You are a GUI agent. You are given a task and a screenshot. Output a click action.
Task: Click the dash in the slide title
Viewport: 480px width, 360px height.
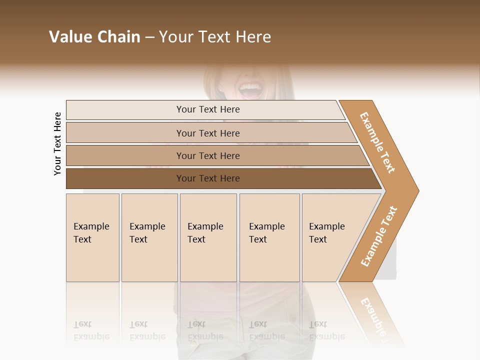pos(149,37)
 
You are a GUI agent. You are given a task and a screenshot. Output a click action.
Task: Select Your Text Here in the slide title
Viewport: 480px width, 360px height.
pos(215,37)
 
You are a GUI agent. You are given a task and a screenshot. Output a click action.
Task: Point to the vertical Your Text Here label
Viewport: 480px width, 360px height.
pos(57,144)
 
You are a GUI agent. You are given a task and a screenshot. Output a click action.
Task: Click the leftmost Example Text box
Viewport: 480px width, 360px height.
pos(92,237)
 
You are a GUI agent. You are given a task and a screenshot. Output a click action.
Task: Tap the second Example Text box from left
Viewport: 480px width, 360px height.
pos(149,237)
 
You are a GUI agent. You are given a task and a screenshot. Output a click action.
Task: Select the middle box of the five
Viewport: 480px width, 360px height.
pos(208,237)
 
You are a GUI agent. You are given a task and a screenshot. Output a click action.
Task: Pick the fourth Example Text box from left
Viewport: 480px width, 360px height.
pos(269,237)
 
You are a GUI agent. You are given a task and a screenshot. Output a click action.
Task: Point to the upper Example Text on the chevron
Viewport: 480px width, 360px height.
pos(377,142)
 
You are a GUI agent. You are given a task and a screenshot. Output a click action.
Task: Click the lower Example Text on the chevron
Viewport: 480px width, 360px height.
pos(378,236)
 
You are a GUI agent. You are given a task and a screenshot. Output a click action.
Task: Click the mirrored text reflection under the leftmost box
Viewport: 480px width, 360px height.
pos(91,330)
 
